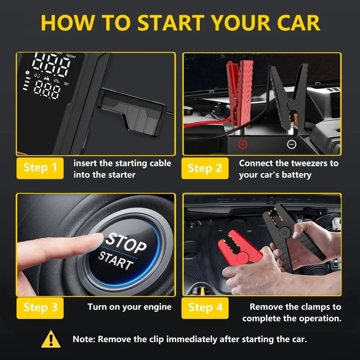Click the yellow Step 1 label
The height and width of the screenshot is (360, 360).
click(x=40, y=168)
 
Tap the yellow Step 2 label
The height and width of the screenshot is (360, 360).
click(x=205, y=168)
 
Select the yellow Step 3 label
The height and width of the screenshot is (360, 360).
click(x=40, y=308)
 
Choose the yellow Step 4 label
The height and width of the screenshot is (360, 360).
click(x=205, y=308)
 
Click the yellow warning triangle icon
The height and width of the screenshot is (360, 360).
click(x=51, y=339)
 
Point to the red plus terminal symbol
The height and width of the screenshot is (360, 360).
click(x=243, y=144)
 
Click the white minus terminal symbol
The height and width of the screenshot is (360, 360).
click(x=292, y=144)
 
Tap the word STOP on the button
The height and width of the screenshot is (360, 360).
click(x=126, y=243)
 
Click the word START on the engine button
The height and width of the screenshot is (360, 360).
click(x=116, y=261)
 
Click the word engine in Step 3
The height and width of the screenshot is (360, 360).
click(x=158, y=307)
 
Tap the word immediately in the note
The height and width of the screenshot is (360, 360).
click(x=192, y=339)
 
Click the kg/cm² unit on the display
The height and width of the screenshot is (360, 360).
click(x=71, y=56)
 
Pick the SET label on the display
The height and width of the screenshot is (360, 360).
click(x=66, y=84)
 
